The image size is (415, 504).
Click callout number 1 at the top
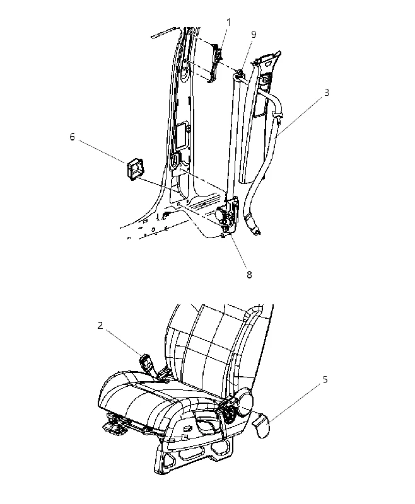(228, 23)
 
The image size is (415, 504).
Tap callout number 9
(254, 35)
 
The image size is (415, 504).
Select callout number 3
(326, 93)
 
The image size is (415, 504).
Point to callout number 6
(72, 137)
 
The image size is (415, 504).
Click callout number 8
(249, 275)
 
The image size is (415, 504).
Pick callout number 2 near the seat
(100, 326)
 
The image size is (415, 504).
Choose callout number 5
(325, 380)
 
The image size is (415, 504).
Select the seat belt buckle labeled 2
(147, 362)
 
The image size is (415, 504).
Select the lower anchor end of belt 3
(257, 230)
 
